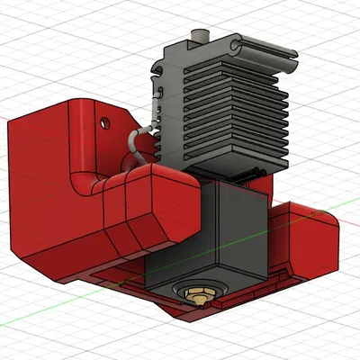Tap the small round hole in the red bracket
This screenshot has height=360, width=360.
pos(105,119)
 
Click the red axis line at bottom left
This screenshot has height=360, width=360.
pos(36,319)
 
